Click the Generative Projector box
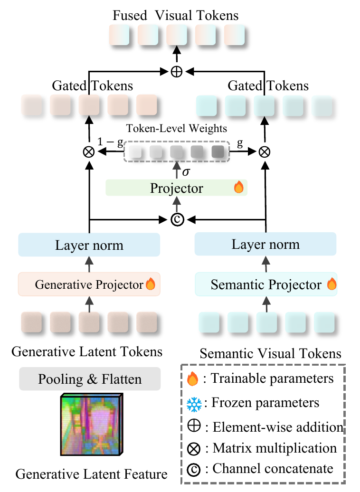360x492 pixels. (89, 284)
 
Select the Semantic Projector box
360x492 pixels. (266, 284)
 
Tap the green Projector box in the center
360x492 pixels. (177, 188)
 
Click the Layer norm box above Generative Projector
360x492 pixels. (89, 246)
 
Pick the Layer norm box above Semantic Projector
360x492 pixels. (266, 245)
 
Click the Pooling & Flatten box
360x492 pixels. (90, 379)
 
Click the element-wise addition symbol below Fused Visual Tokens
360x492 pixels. (177, 72)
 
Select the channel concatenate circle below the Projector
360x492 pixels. (177, 219)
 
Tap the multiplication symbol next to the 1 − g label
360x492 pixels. (89, 152)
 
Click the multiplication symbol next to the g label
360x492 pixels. (265, 152)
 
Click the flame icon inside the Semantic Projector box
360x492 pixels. (332, 285)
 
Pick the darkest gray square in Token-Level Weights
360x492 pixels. (218, 152)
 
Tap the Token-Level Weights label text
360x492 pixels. (177, 129)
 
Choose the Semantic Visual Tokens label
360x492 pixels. (270, 353)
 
